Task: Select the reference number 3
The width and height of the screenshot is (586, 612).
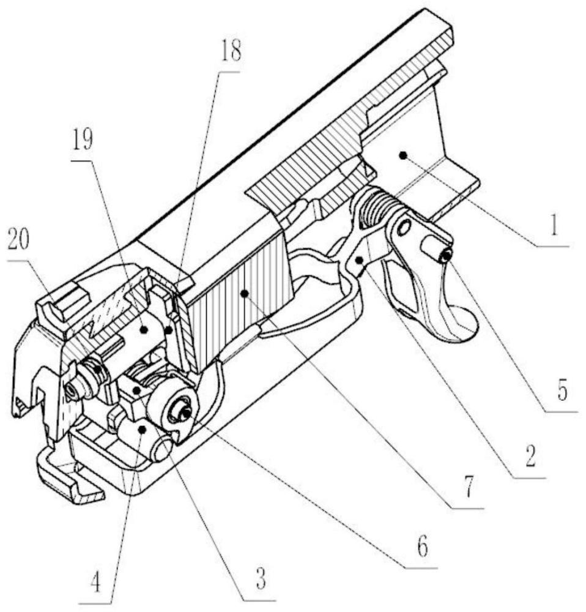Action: click(261, 578)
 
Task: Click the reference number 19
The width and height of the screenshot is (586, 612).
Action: click(83, 141)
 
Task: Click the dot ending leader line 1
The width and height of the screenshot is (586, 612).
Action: click(402, 156)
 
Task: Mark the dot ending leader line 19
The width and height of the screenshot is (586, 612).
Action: click(144, 329)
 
